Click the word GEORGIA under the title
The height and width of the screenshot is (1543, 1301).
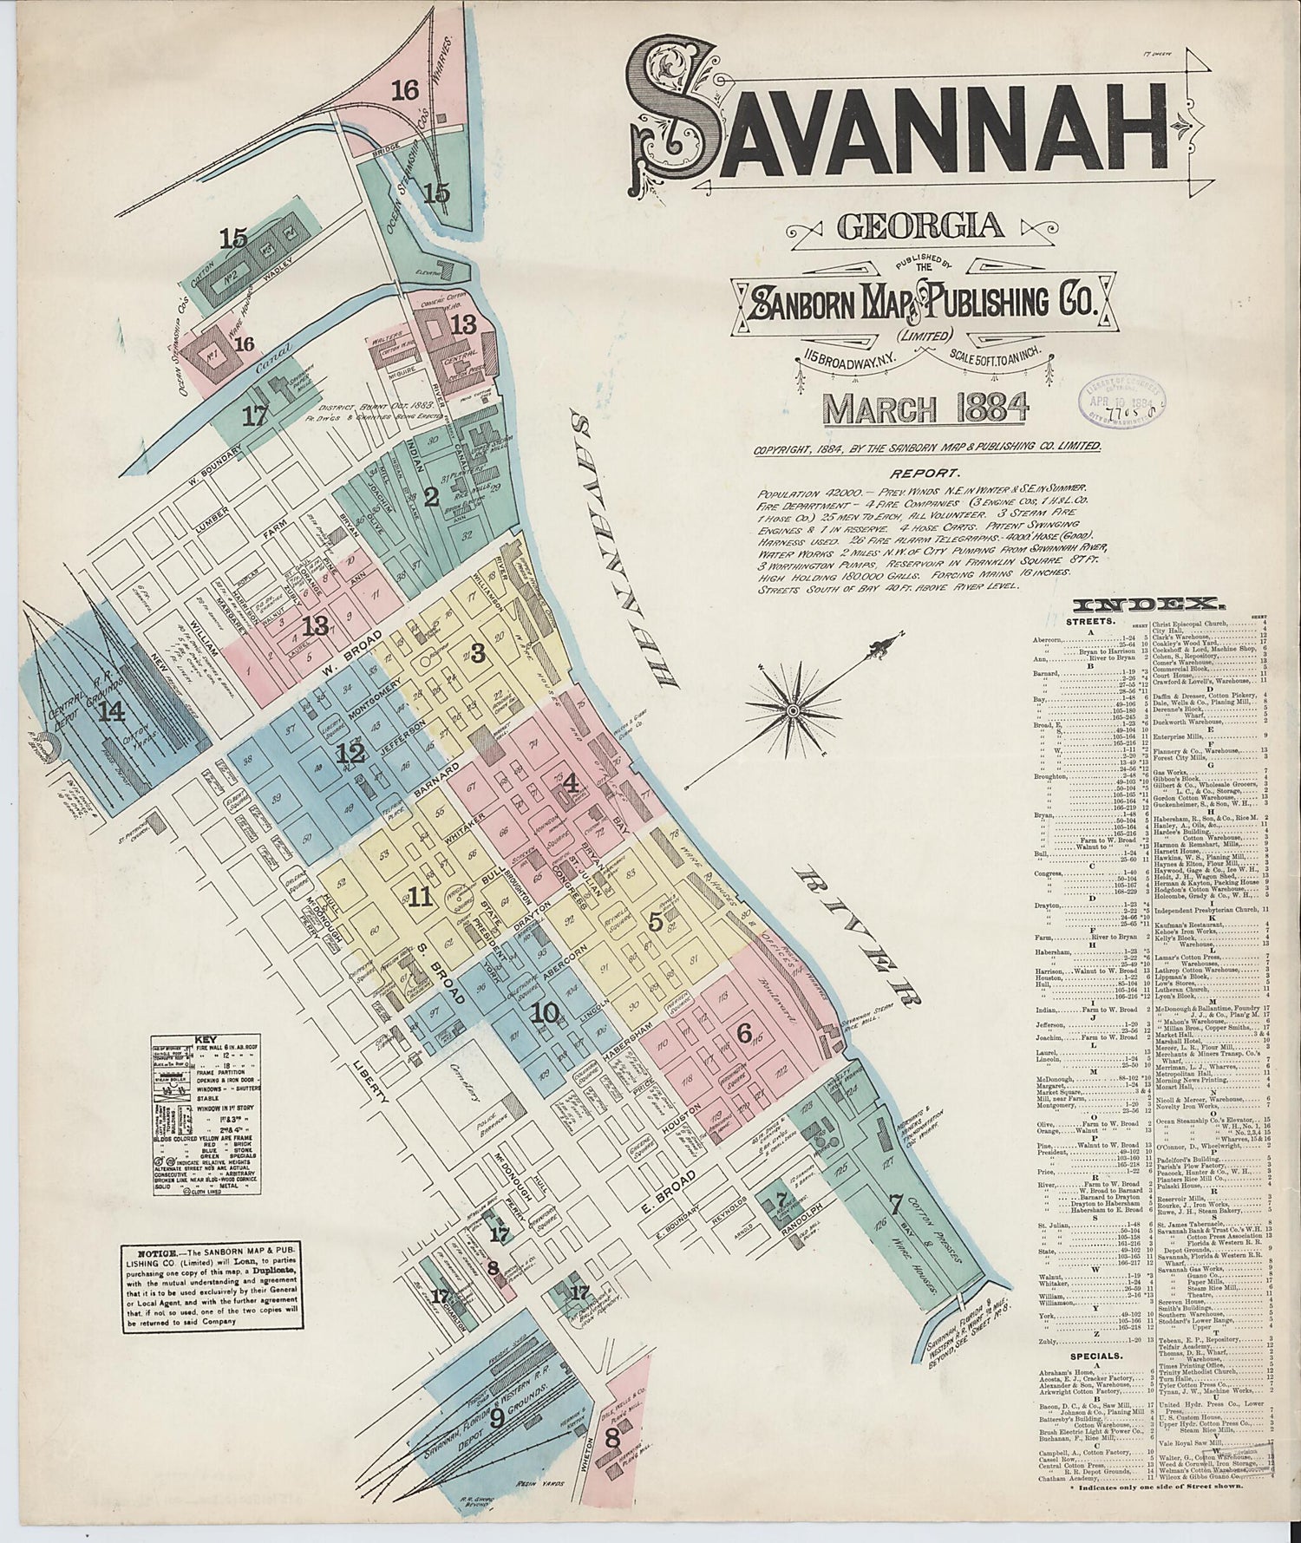[920, 226]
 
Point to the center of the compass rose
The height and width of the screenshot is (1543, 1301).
[792, 709]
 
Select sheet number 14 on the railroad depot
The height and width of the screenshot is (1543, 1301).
[111, 712]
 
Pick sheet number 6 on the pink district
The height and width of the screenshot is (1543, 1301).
[743, 1033]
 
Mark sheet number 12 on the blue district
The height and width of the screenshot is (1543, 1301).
[350, 753]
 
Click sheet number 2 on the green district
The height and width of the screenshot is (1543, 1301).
[431, 497]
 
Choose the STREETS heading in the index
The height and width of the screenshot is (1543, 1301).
[1085, 622]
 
